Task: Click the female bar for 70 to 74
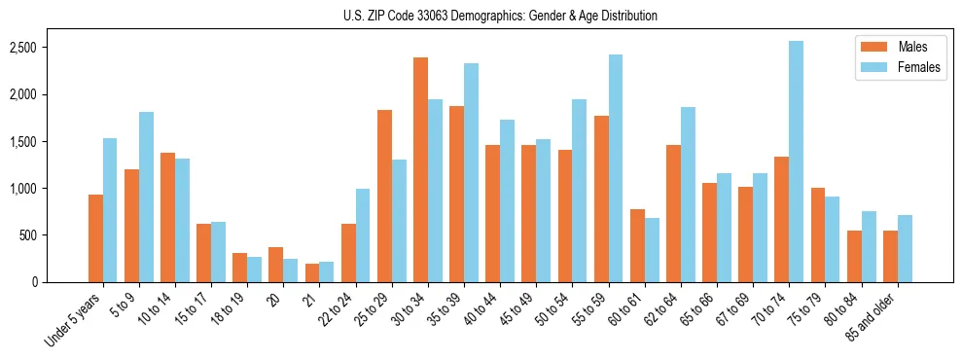pos(796,162)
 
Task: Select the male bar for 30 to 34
pos(420,170)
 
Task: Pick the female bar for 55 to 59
pos(616,168)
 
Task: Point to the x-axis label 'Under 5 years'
pos(73,320)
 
